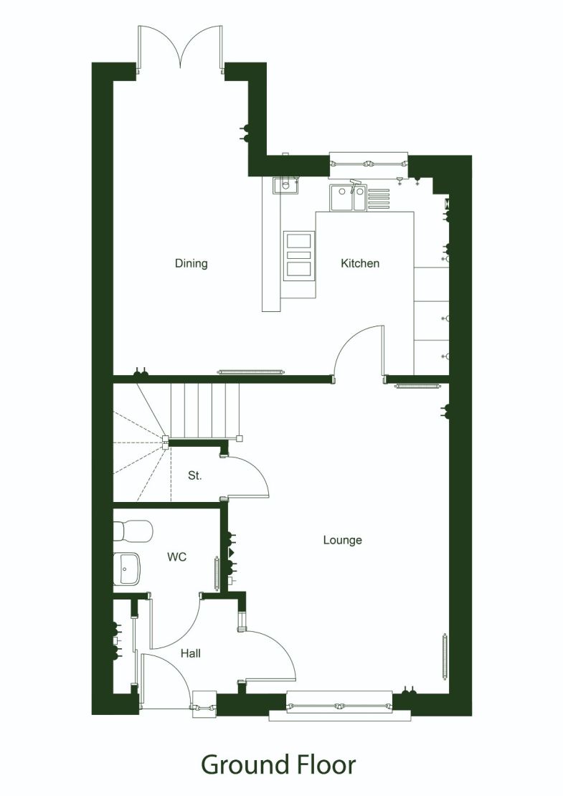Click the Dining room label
(191, 263)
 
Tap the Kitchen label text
(359, 263)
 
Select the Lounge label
(342, 540)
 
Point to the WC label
(176, 556)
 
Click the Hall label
(190, 653)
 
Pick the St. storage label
(194, 475)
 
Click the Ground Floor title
(278, 764)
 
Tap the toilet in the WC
(133, 531)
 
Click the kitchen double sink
(348, 198)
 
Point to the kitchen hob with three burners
(299, 255)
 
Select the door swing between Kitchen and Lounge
(361, 351)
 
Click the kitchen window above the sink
(368, 164)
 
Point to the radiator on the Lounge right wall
(445, 656)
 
